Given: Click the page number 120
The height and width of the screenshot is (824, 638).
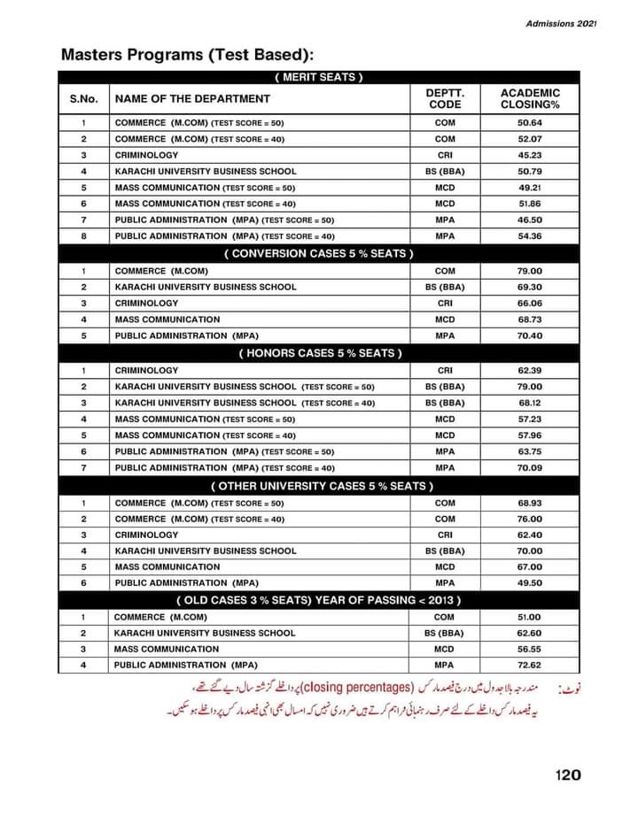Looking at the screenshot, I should [568, 774].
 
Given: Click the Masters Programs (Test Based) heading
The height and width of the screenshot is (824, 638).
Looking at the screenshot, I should [187, 55].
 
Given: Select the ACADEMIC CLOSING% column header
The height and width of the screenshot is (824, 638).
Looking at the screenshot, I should [530, 98].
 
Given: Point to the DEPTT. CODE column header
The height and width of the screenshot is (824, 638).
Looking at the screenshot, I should [445, 98].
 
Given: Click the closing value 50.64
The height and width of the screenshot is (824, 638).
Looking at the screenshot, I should [530, 122].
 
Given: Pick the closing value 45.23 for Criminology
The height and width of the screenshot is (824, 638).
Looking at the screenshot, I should [530, 155].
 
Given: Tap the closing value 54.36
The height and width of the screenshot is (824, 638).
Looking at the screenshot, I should [530, 236].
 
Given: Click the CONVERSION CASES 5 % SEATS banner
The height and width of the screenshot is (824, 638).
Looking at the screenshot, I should [319, 254].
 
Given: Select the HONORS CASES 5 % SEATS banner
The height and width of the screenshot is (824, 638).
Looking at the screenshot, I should [319, 353].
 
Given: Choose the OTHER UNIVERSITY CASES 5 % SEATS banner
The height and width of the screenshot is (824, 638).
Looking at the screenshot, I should [319, 486].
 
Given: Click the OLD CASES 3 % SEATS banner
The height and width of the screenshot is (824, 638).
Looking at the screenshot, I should [319, 601].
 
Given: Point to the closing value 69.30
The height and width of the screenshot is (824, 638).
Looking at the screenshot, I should [530, 287].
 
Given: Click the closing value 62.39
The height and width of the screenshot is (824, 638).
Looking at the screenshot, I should [530, 370].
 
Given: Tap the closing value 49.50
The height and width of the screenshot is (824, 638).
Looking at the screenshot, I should [530, 583].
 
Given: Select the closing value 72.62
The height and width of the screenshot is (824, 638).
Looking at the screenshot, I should [530, 665].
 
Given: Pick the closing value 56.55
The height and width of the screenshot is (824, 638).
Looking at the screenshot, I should [530, 649].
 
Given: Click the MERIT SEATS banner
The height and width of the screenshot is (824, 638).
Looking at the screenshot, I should [319, 77].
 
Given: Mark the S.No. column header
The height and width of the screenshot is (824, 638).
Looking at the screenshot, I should [83, 98].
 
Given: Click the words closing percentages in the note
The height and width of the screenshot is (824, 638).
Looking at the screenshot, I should [367, 686].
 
